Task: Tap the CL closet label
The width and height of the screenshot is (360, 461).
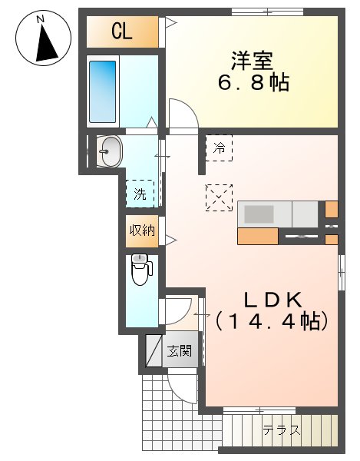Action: (121, 32)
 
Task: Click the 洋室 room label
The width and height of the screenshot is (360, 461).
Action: (252, 59)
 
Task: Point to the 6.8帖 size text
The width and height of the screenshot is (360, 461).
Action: (252, 82)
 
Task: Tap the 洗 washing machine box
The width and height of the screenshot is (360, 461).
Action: (140, 194)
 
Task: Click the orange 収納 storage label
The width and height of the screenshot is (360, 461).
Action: (142, 230)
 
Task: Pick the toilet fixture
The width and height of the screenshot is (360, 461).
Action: (141, 269)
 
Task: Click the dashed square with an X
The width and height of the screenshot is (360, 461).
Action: (220, 197)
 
